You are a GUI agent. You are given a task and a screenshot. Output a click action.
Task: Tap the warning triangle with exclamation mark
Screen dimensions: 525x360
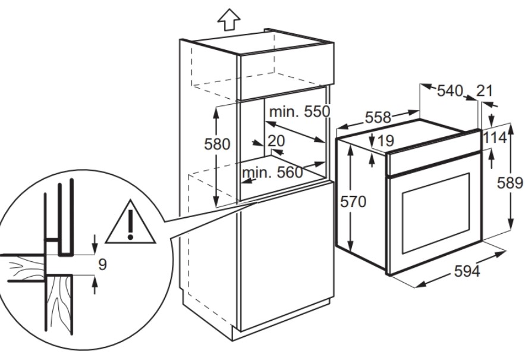(x=131, y=222)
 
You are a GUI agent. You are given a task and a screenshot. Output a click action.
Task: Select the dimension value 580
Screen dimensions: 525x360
(x=217, y=145)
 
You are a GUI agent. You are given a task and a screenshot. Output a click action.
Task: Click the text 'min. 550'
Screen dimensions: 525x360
(x=300, y=112)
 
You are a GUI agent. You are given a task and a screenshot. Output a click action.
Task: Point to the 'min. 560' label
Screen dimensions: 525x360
(x=272, y=173)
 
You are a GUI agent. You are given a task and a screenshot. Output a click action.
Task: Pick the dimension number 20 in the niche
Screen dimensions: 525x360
(x=276, y=141)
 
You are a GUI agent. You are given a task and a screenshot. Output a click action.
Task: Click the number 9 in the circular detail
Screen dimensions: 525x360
(x=102, y=264)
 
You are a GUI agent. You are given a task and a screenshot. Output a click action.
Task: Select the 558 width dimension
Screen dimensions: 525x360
(x=378, y=117)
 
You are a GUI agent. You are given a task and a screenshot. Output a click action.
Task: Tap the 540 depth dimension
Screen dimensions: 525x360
(x=450, y=91)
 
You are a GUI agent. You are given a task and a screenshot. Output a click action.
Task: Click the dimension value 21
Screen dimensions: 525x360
(x=485, y=90)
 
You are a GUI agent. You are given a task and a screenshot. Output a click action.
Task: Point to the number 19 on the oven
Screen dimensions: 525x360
(x=386, y=141)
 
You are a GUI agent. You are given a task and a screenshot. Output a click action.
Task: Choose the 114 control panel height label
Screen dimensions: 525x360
(x=495, y=138)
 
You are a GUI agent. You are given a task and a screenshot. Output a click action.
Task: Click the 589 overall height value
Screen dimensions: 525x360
(x=510, y=183)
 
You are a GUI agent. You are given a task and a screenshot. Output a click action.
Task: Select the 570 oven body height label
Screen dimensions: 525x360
(x=353, y=202)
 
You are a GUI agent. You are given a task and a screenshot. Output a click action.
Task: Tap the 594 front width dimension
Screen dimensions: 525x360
(x=467, y=271)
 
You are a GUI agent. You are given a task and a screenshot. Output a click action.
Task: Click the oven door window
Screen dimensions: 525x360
(x=436, y=213)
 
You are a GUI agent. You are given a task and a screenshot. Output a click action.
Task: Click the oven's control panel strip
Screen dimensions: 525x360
(x=434, y=153)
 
